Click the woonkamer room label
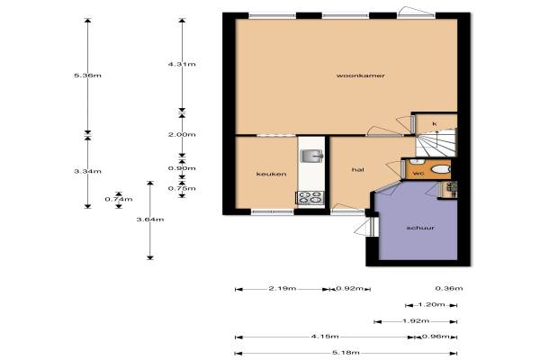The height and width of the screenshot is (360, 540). (360, 76)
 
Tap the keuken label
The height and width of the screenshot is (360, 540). (272, 174)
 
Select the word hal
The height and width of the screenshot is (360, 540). (358, 169)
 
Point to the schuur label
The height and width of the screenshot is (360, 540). (420, 228)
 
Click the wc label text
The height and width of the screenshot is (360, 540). (418, 173)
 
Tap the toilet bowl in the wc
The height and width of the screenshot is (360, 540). (440, 169)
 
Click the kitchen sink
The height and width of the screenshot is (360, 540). (311, 156)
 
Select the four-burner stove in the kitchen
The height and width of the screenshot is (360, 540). (310, 198)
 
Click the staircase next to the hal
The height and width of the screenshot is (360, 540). (436, 142)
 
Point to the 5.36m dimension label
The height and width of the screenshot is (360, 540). (88, 76)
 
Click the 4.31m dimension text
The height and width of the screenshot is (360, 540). (182, 64)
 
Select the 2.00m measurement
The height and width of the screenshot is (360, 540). (182, 134)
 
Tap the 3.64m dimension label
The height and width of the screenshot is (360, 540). (150, 220)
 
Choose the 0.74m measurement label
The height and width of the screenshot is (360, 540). (119, 199)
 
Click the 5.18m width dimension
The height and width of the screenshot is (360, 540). (346, 353)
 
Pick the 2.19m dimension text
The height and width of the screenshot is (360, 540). (282, 288)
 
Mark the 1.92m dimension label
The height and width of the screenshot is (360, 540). (416, 321)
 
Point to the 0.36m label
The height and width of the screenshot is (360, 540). (449, 288)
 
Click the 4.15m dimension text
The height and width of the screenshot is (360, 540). (325, 337)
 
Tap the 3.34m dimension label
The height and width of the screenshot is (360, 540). (88, 171)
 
